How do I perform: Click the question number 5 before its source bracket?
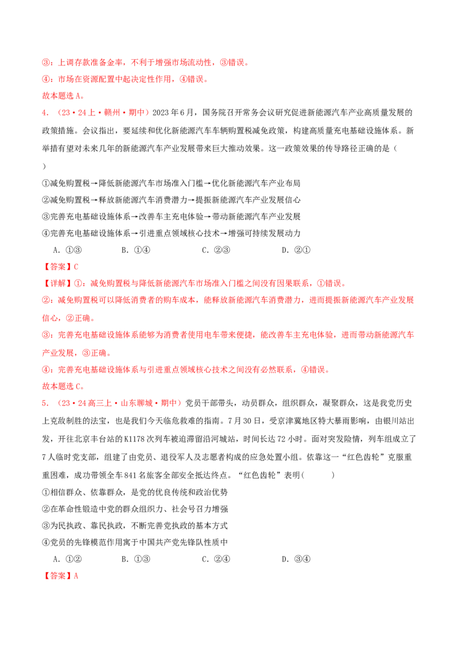(44, 404)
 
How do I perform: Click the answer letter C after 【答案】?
(77, 266)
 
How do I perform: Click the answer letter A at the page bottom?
(77, 576)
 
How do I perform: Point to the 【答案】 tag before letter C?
(57, 266)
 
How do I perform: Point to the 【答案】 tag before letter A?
(57, 576)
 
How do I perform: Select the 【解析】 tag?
(57, 283)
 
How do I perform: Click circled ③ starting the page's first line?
(45, 62)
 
